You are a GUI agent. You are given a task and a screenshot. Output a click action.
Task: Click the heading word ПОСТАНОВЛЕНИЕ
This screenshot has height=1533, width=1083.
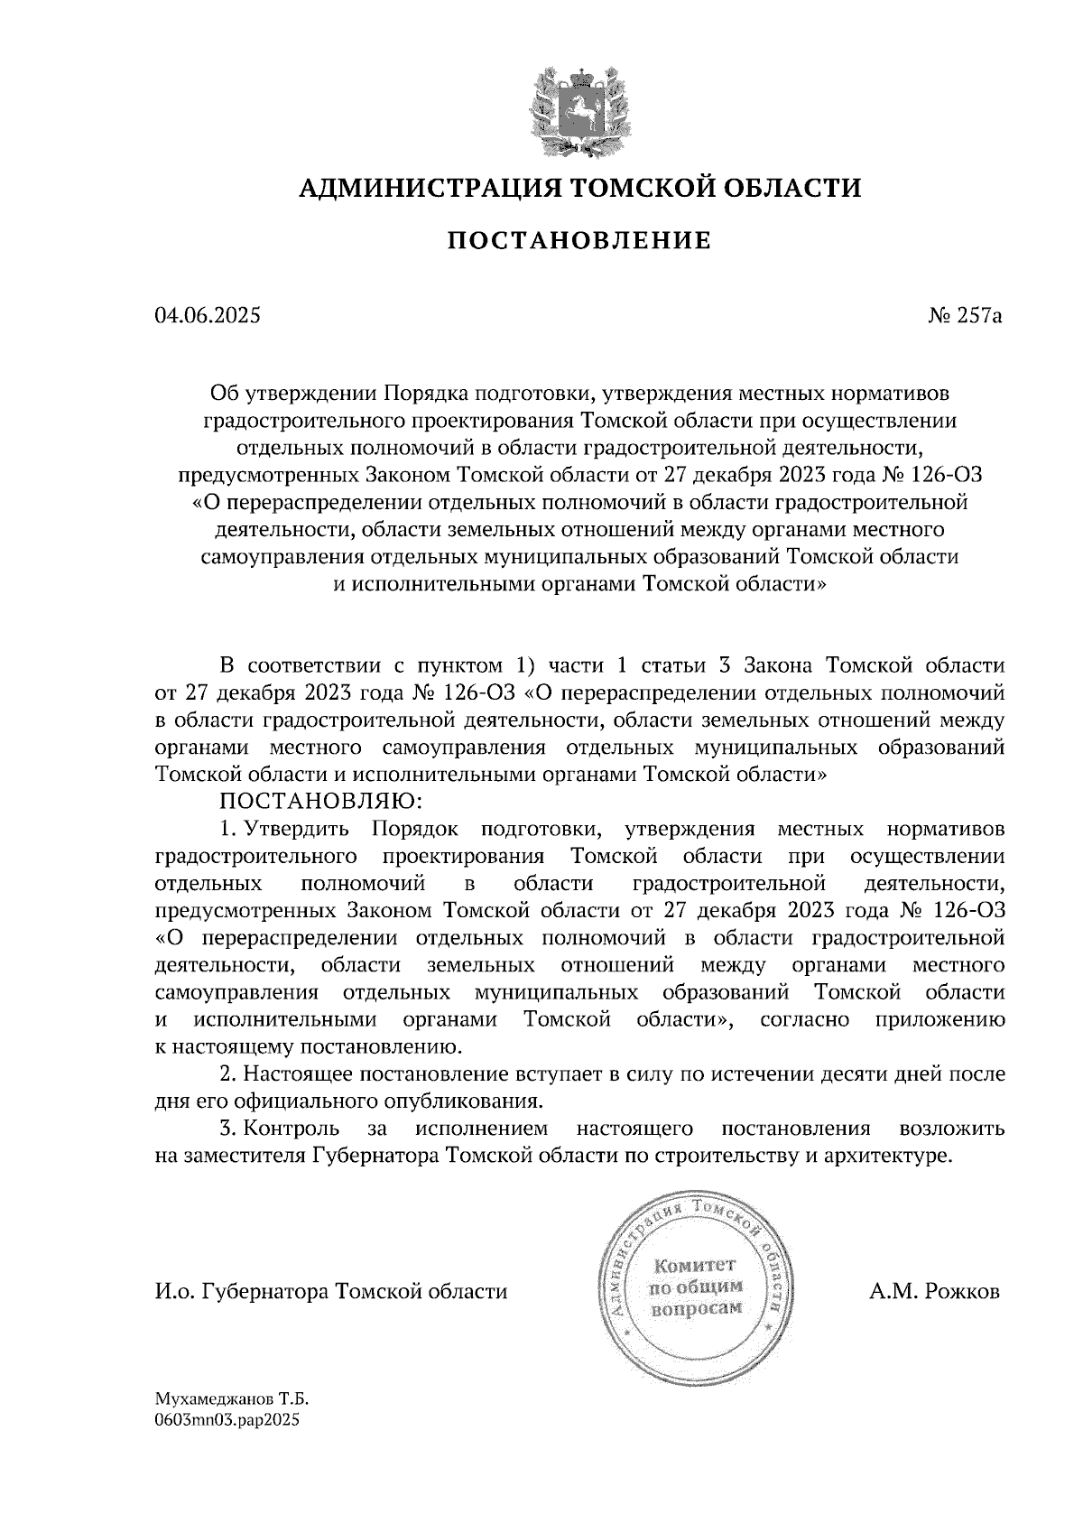[x=580, y=240]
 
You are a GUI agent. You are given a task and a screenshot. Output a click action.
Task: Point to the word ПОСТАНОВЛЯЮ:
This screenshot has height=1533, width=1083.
[x=316, y=801]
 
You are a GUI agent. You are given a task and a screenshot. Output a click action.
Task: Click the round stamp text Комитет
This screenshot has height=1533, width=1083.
[x=694, y=1265]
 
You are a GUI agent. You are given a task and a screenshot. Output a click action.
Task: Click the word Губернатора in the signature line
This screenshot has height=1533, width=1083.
[x=265, y=1292]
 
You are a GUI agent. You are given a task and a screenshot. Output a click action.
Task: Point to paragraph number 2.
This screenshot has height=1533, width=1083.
[x=228, y=1074]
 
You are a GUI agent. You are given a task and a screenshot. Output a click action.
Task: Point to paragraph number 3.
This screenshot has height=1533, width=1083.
[x=228, y=1129]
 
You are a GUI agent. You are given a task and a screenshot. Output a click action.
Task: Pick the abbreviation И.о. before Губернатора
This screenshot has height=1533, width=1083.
[x=173, y=1292]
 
